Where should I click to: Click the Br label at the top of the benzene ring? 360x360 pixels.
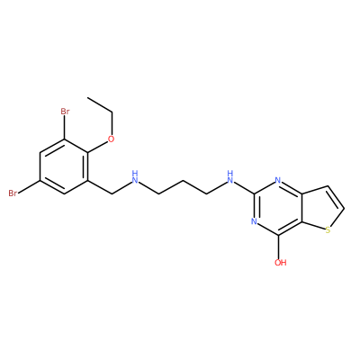(65, 112)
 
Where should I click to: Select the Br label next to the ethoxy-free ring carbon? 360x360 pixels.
(13, 193)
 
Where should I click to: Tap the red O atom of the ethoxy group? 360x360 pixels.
(112, 139)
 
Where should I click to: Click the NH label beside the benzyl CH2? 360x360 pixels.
(135, 177)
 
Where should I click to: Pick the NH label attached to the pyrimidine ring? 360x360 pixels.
(230, 177)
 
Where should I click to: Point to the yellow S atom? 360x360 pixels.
(328, 230)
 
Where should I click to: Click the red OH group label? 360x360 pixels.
(280, 263)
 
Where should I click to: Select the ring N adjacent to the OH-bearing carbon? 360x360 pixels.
(254, 221)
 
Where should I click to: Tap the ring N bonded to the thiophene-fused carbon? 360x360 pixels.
(278, 181)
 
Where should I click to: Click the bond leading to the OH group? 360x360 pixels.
(278, 247)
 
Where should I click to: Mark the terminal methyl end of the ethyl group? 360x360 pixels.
(87, 98)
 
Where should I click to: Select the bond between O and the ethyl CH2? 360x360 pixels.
(112, 123)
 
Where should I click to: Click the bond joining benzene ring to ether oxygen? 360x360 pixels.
(98, 147)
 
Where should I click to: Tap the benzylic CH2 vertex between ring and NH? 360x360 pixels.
(112, 194)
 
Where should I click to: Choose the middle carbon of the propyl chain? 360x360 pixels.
(183, 180)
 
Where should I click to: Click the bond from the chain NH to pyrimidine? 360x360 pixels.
(244, 187)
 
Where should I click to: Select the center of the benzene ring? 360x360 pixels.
(65, 166)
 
